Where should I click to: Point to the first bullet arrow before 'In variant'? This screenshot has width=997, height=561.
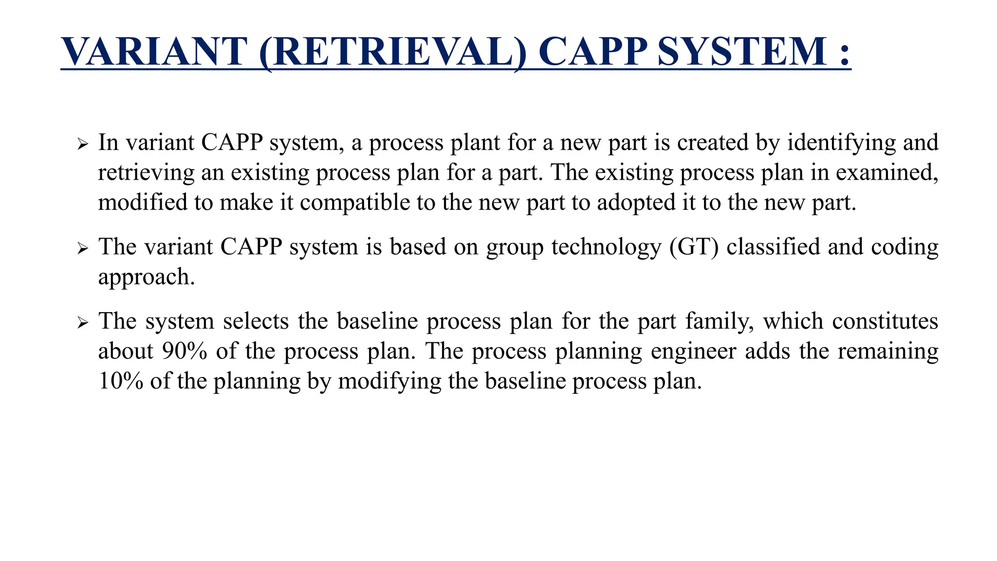coord(82,145)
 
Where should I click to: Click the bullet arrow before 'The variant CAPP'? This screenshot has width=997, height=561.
coord(82,249)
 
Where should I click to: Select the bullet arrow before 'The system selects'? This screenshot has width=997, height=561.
coord(82,323)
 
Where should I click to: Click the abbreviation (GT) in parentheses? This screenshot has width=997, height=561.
coord(694,247)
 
